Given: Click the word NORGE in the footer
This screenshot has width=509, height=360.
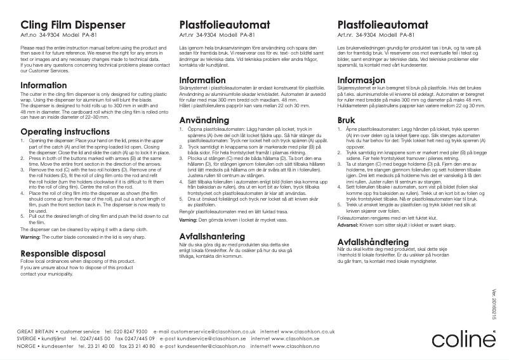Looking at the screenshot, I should [x=25, y=347].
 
